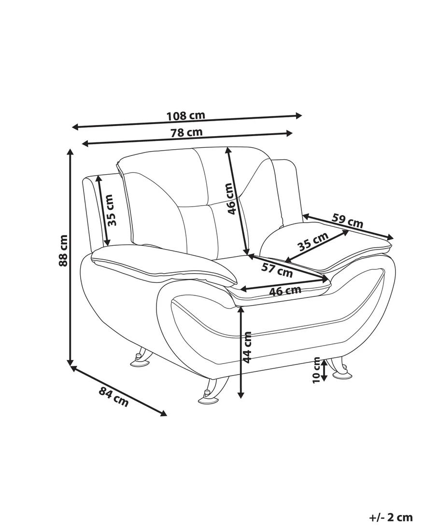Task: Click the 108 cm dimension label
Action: tap(186, 115)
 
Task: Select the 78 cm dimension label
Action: tap(186, 132)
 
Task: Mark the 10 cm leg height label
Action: tap(316, 370)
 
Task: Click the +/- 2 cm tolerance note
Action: tap(391, 517)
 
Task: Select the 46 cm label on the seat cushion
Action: tap(285, 291)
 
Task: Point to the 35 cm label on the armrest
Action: tap(313, 241)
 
